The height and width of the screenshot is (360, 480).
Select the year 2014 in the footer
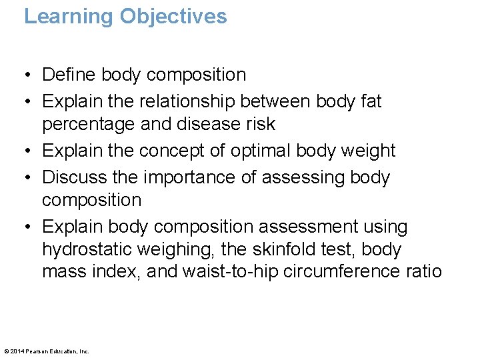[17, 351]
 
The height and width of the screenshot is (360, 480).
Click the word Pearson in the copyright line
[36, 351]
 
